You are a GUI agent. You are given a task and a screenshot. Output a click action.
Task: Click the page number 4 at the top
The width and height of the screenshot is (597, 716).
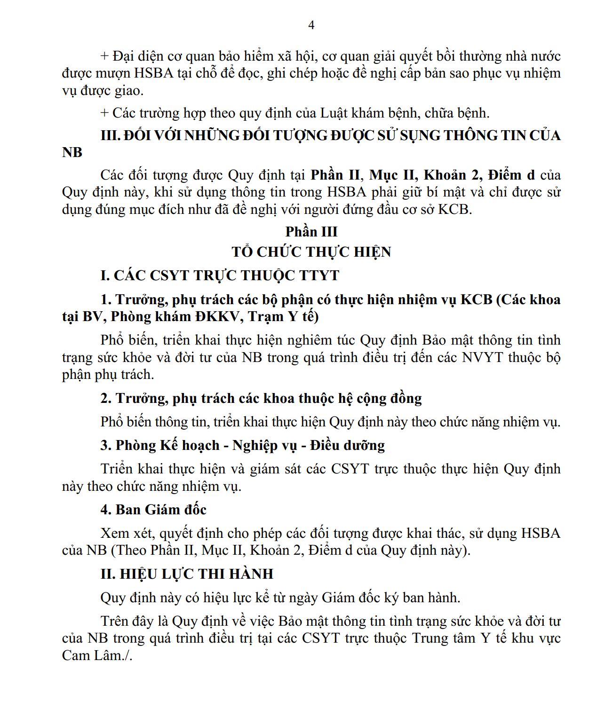click(x=311, y=25)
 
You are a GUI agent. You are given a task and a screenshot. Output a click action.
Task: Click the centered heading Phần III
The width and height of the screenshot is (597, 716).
click(x=311, y=232)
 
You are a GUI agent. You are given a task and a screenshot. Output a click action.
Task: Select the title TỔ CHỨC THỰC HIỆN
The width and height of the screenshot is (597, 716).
click(x=311, y=252)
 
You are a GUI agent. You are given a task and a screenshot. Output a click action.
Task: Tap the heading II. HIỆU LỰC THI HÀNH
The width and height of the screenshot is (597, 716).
click(x=187, y=574)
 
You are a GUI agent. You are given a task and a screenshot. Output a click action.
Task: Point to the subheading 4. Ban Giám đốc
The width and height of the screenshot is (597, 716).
click(x=153, y=510)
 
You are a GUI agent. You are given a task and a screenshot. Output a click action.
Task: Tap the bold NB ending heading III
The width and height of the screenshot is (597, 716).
click(x=72, y=152)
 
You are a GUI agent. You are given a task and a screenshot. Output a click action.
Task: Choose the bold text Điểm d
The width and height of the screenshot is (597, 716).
click(x=511, y=175)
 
